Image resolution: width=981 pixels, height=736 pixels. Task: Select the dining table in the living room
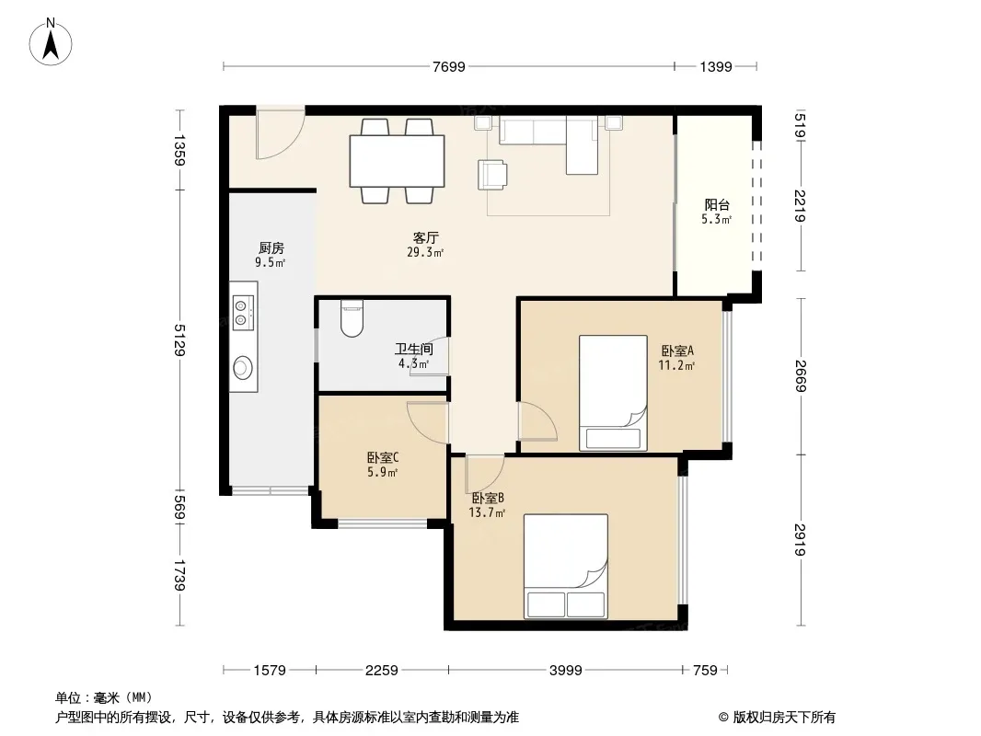pyautogui.click(x=397, y=161)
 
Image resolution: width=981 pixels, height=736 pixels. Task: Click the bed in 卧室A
pyautogui.click(x=613, y=393)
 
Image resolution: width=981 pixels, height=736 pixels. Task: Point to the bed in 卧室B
pyautogui.click(x=566, y=567)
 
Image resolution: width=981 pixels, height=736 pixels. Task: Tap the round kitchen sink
pyautogui.click(x=243, y=368)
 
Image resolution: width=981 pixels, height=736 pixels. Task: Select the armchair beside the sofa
pyautogui.click(x=491, y=175)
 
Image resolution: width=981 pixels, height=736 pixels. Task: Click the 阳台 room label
pyautogui.click(x=717, y=204)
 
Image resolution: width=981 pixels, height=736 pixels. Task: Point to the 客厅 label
pyautogui.click(x=425, y=237)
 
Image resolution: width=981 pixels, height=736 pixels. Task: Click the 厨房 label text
pyautogui.click(x=271, y=247)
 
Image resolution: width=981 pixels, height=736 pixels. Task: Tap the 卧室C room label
pyautogui.click(x=383, y=458)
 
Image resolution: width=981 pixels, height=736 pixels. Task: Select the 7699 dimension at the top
pyautogui.click(x=448, y=66)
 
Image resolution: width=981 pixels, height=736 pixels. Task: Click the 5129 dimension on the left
pyautogui.click(x=180, y=339)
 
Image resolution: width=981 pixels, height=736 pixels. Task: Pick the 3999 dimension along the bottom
pyautogui.click(x=566, y=671)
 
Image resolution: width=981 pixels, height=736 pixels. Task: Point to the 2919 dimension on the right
pyautogui.click(x=801, y=540)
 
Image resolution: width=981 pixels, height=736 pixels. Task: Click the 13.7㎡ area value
pyautogui.click(x=487, y=512)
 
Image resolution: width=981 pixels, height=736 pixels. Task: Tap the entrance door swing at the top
pyautogui.click(x=281, y=133)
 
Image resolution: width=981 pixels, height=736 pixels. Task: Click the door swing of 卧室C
pyautogui.click(x=428, y=422)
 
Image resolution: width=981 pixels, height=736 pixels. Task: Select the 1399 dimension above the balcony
pyautogui.click(x=716, y=66)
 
